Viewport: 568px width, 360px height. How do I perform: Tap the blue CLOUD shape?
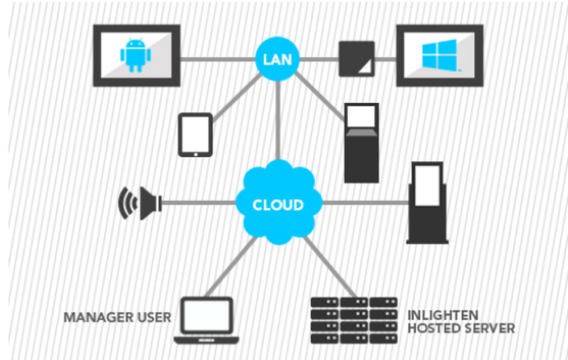278,203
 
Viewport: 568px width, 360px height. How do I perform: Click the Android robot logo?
136,55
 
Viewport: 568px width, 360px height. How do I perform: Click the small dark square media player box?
357,58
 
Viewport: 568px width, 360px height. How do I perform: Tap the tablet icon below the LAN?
195,135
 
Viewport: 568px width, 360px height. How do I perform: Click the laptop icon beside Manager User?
206,320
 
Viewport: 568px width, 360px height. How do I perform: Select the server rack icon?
354,320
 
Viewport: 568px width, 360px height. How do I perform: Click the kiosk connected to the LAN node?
361,143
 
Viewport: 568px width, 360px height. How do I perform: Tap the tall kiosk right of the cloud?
428,203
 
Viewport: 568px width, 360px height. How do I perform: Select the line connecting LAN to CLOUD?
278,119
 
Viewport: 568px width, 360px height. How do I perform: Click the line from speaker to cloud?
199,202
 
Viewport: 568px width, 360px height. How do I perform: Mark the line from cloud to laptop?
227,270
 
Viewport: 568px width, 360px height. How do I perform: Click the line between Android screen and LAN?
219,58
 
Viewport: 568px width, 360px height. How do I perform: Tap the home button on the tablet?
195,153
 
